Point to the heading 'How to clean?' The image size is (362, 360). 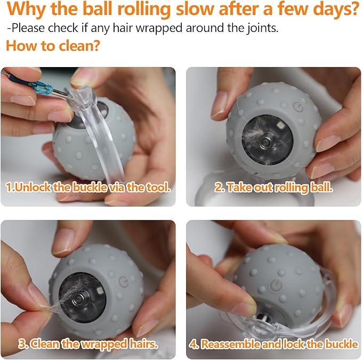pyautogui.click(x=53, y=46)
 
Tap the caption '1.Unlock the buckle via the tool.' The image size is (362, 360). pyautogui.click(x=88, y=187)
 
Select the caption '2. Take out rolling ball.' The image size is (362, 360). pyautogui.click(x=273, y=187)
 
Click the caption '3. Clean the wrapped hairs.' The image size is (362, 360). pyautogui.click(x=89, y=343)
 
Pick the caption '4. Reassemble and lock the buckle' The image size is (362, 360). pyautogui.click(x=273, y=343)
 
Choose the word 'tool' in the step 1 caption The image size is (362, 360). pyautogui.click(x=158, y=187)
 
